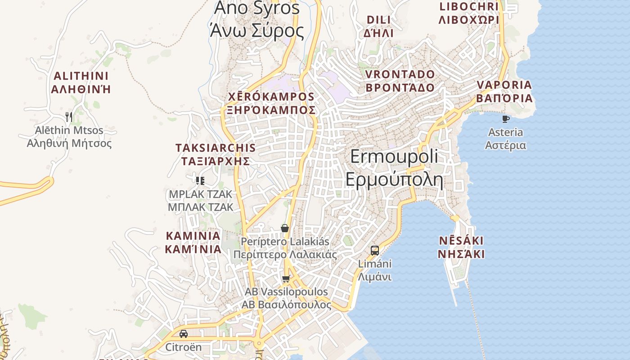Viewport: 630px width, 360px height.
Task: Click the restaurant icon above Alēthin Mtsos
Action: [x=69, y=117]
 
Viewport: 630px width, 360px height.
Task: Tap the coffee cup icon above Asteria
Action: [x=506, y=119]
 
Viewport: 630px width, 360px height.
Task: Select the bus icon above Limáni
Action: [x=374, y=251]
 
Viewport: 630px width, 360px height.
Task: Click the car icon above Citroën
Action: [x=183, y=334]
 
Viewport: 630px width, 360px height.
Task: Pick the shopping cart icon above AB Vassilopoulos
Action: [x=286, y=279]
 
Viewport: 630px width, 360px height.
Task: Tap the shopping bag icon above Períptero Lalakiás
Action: [x=284, y=228]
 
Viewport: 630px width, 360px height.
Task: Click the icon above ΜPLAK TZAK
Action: [x=200, y=181]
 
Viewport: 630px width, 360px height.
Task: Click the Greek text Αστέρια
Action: [x=506, y=145]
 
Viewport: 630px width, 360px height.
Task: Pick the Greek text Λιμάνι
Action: [x=374, y=277]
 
